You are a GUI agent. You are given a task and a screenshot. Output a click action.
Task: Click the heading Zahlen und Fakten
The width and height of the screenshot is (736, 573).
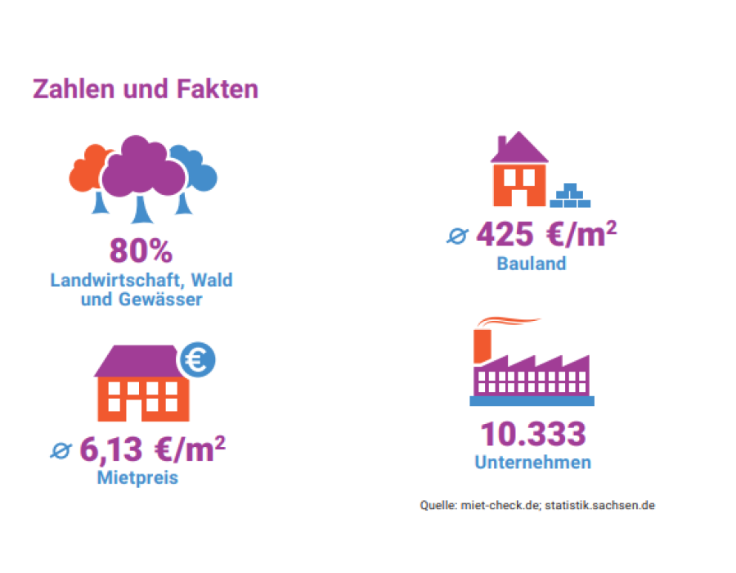click(146, 88)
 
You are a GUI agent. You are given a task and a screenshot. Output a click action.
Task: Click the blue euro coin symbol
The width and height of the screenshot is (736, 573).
click(197, 359)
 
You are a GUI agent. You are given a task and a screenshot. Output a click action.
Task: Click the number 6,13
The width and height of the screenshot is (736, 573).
click(113, 449)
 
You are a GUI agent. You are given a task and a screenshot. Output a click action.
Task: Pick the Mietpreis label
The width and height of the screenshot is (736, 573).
click(137, 477)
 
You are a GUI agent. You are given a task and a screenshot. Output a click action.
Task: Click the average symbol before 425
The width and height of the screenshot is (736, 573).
click(456, 237)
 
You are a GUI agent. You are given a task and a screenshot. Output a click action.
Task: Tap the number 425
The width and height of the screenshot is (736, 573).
click(505, 235)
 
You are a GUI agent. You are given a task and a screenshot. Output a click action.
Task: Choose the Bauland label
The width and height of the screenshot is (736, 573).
click(532, 264)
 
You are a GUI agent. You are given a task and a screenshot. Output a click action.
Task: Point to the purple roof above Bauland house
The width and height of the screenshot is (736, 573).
click(518, 148)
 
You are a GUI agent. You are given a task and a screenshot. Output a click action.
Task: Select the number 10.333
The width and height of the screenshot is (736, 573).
click(532, 434)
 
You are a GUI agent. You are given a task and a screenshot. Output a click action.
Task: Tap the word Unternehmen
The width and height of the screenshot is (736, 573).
click(532, 462)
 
